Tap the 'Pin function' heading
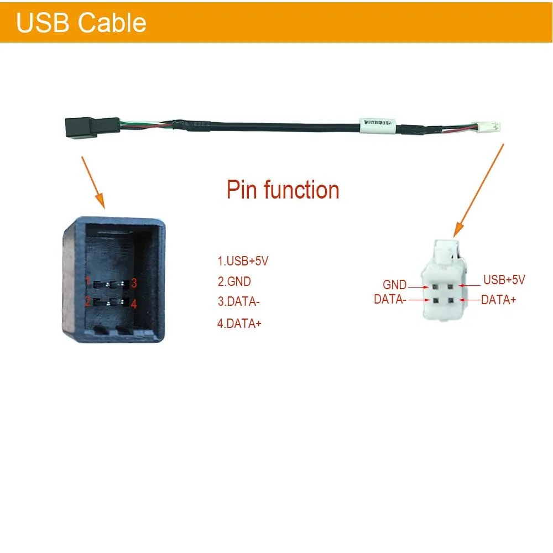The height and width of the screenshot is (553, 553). point(283,190)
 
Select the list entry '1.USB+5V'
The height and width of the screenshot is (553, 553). point(243,261)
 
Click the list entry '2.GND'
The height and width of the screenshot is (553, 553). point(234,281)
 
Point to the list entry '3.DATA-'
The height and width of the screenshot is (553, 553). point(238,302)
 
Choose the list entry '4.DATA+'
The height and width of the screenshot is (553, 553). point(239,324)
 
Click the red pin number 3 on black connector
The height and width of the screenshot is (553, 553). point(134,283)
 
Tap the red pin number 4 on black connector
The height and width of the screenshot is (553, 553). point(133,304)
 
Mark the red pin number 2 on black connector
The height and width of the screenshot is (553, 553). point(87,301)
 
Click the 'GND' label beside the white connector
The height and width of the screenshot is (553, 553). point(394,285)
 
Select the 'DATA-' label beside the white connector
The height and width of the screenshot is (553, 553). point(390,299)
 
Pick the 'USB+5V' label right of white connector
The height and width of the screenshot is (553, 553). point(504,280)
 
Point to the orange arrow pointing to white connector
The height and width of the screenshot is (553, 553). point(478,191)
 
